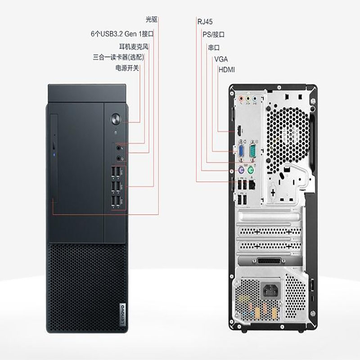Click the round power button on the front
pyautogui.click(x=116, y=119)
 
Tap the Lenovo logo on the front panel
pyautogui.click(x=122, y=315)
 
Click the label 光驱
pyautogui.click(x=152, y=19)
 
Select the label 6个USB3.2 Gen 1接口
pyautogui.click(x=122, y=34)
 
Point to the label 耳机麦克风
pyautogui.click(x=134, y=47)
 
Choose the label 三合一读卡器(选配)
pyautogui.click(x=118, y=57)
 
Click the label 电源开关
pyautogui.click(x=127, y=68)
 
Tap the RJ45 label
pyautogui.click(x=205, y=22)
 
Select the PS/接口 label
pyautogui.click(x=213, y=35)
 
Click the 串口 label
pyautogui.click(x=214, y=48)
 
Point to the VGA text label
pyautogui.click(x=221, y=59)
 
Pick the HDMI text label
pyautogui.click(x=227, y=70)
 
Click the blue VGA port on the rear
pyautogui.click(x=242, y=151)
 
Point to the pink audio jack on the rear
pyautogui.click(x=241, y=99)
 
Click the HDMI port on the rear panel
pyautogui.click(x=239, y=131)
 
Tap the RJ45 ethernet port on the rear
pyautogui.click(x=252, y=184)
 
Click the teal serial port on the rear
pyautogui.click(x=252, y=151)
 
